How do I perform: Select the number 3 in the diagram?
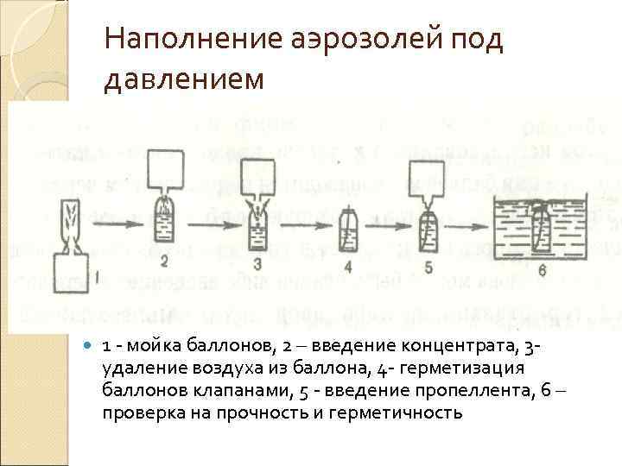pyautogui.click(x=257, y=262)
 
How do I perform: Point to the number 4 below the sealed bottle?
pyautogui.click(x=347, y=267)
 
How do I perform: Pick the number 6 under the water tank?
pyautogui.click(x=542, y=270)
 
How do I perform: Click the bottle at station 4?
pyautogui.click(x=347, y=229)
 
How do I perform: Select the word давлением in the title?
pyautogui.click(x=181, y=79)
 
